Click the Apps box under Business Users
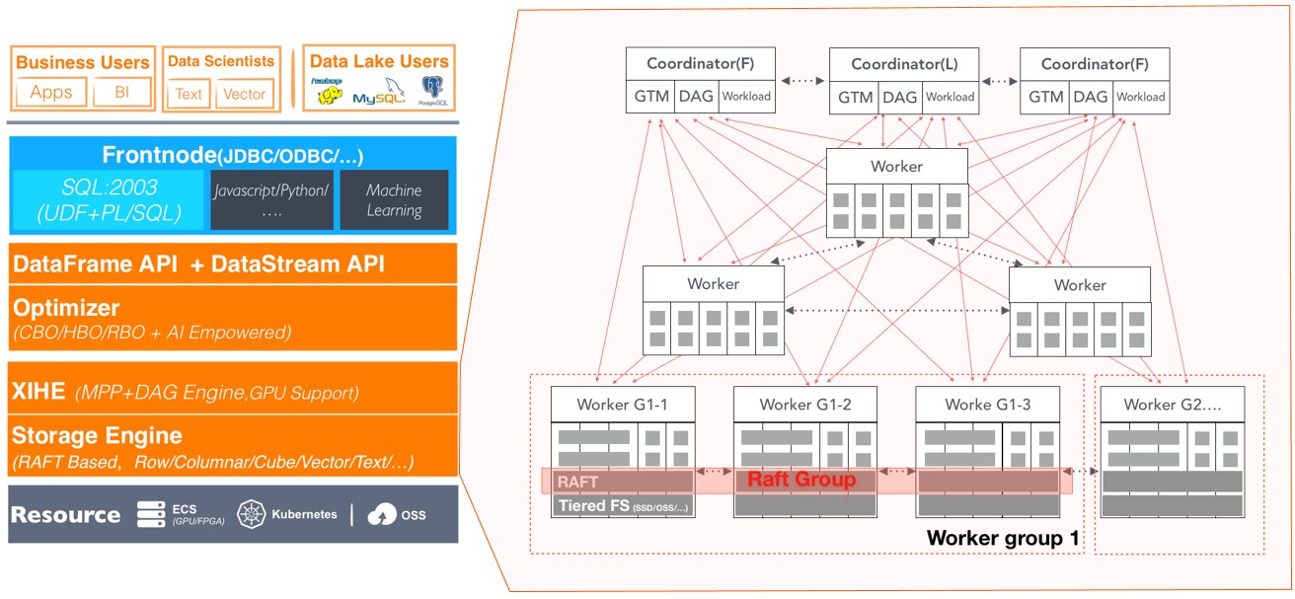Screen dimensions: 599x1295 point(51,93)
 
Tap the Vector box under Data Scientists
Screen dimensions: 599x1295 point(244,94)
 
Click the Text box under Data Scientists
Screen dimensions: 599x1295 point(188,94)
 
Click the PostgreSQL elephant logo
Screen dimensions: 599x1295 point(431,89)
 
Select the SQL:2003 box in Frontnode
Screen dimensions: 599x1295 point(109,200)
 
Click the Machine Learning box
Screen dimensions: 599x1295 point(394,200)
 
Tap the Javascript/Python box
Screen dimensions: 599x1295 point(269,200)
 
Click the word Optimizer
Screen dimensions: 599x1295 point(66,308)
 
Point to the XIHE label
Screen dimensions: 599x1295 point(38,392)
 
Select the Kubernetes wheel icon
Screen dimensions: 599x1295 point(253,514)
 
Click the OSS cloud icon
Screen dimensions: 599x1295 point(381,514)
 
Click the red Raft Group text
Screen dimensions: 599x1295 point(800,481)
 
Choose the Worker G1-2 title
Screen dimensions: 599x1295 point(805,405)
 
